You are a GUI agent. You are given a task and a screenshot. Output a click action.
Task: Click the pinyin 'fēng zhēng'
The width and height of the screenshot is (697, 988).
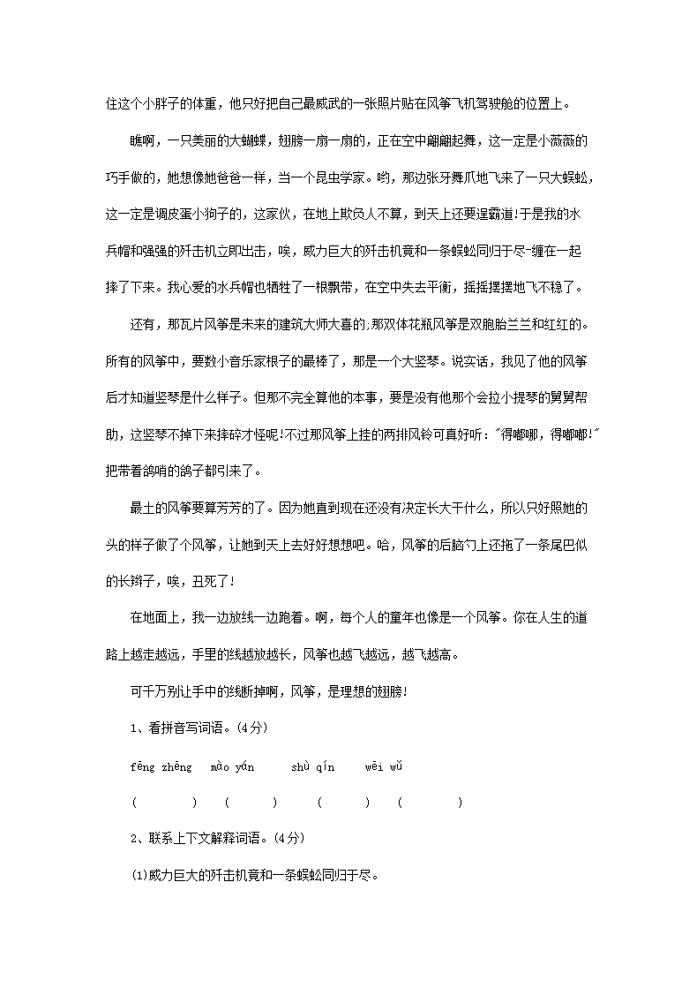coord(161,767)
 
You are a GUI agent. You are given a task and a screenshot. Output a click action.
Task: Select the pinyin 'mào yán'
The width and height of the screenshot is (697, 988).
coord(233,767)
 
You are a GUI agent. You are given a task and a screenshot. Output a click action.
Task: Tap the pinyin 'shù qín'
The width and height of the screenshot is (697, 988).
coord(313,767)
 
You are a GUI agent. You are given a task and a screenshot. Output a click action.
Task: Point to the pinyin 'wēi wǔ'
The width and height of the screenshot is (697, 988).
coord(385,767)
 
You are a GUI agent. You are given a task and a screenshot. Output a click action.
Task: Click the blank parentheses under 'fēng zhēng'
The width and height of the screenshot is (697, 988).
coord(164,803)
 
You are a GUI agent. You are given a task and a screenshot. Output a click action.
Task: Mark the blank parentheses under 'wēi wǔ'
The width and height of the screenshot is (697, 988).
coord(430,803)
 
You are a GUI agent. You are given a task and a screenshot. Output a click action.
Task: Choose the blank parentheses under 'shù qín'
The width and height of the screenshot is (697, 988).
coord(343,803)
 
